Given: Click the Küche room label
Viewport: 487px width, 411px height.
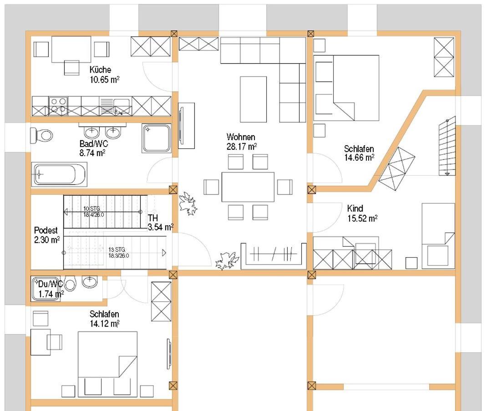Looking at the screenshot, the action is pos(100,70).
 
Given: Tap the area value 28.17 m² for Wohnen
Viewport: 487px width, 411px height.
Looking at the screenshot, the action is pos(242,147).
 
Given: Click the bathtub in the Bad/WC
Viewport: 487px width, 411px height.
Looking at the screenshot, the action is pos(59,174).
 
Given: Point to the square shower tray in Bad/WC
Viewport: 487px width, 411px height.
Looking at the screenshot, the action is pos(157,138).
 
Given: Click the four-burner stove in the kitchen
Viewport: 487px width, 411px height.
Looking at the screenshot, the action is pos(58,106).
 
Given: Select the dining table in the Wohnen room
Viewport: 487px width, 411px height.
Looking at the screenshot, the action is pos(248,187).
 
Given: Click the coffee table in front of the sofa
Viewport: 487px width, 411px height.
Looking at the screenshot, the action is pos(253,99).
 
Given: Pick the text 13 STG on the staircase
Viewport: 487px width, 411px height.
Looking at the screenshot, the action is pos(117,249).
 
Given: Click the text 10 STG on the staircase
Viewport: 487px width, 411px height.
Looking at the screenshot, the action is pos(91,209).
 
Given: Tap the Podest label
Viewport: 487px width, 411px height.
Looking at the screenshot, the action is pos(46,230).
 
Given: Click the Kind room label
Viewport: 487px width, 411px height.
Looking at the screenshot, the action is pos(355,208).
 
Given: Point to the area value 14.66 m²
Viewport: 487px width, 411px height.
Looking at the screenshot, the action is pos(359,157).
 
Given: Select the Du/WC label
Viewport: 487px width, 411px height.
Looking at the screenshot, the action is pos(51,284).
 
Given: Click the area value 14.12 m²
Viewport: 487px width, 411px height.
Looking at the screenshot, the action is pos(105,324).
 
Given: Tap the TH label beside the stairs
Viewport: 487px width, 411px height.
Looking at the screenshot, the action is pos(152,218).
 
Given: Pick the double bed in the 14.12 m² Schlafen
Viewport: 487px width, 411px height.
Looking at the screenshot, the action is pos(107,364).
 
